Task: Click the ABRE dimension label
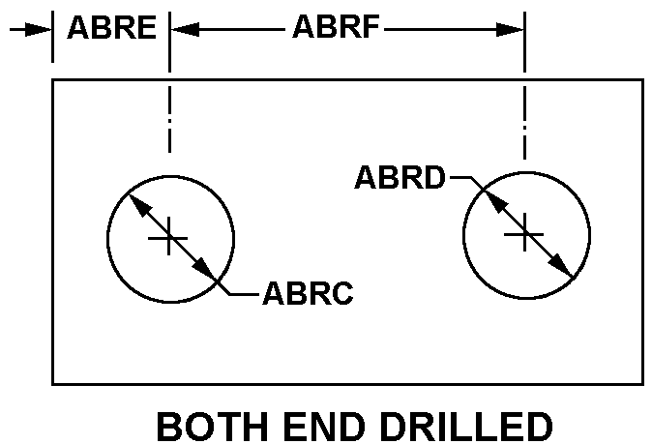(111, 27)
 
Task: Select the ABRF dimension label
(336, 27)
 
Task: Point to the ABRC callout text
(308, 293)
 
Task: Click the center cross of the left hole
(169, 237)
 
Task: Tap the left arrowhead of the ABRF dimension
(183, 29)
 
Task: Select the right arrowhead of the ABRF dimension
(513, 29)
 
